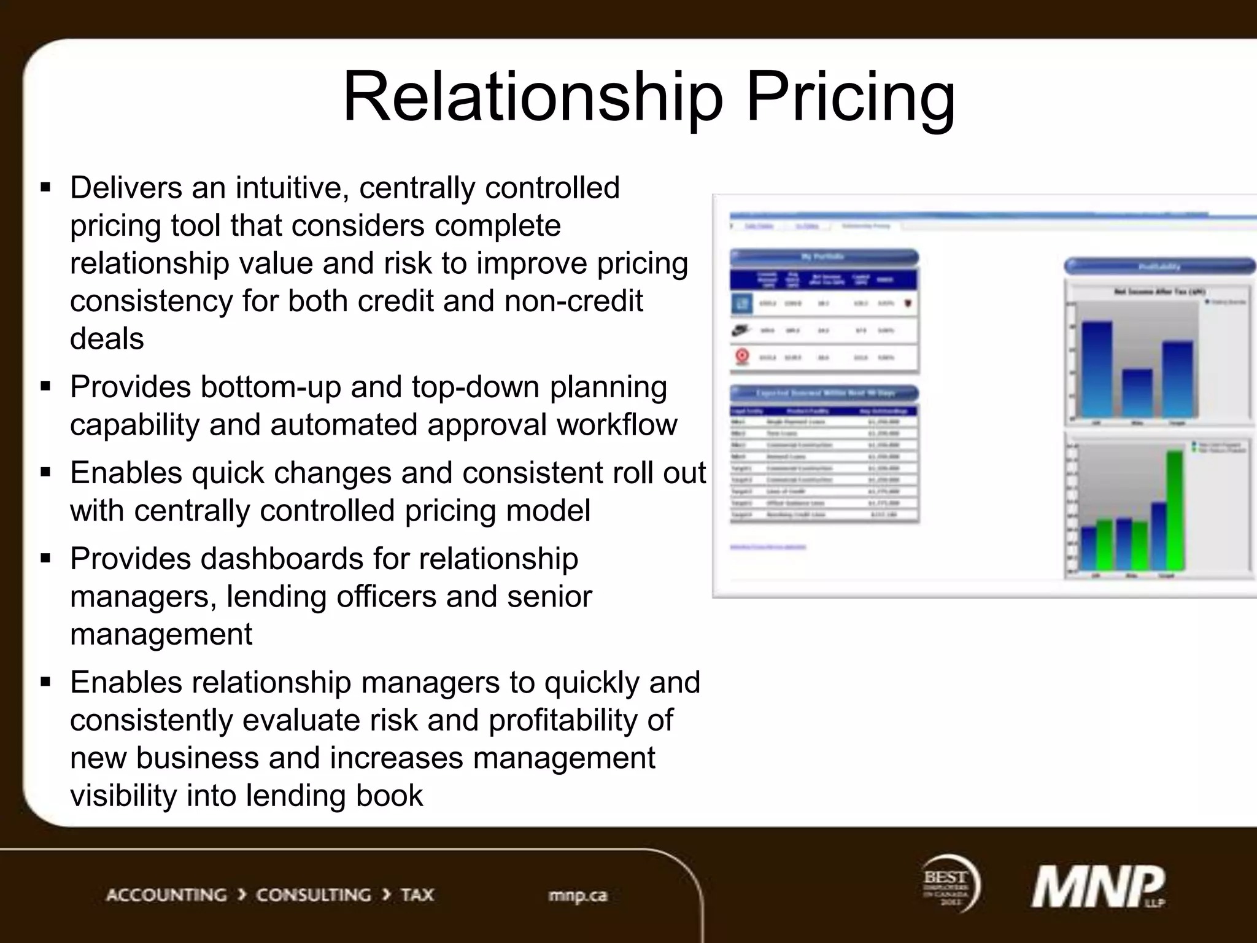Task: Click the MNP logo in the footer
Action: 1097,887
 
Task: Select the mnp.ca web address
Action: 578,895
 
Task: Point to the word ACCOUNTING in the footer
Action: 166,894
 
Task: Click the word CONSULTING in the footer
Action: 314,894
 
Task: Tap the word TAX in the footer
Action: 417,894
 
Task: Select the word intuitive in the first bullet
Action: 292,188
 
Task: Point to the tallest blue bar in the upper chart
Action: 1097,370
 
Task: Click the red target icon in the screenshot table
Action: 742,356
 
